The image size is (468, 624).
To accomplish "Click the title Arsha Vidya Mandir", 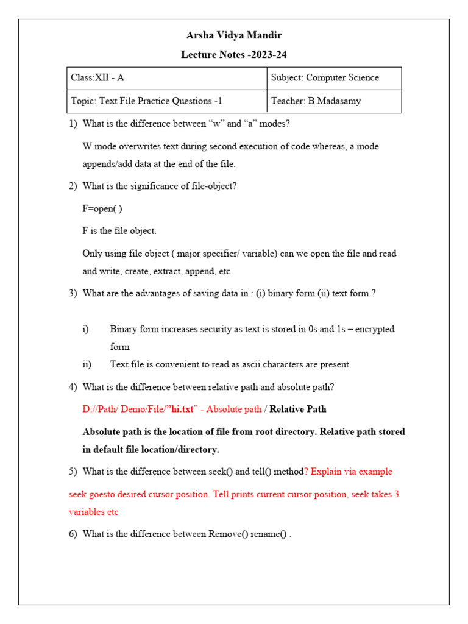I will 234,35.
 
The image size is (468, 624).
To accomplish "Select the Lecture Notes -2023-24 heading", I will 234,55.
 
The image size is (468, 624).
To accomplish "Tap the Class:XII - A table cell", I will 98,78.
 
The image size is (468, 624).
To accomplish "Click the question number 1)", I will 73,124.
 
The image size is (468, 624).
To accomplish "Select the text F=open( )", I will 102,208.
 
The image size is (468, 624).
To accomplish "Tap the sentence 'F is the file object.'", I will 119,231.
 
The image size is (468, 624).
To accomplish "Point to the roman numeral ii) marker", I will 87,364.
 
